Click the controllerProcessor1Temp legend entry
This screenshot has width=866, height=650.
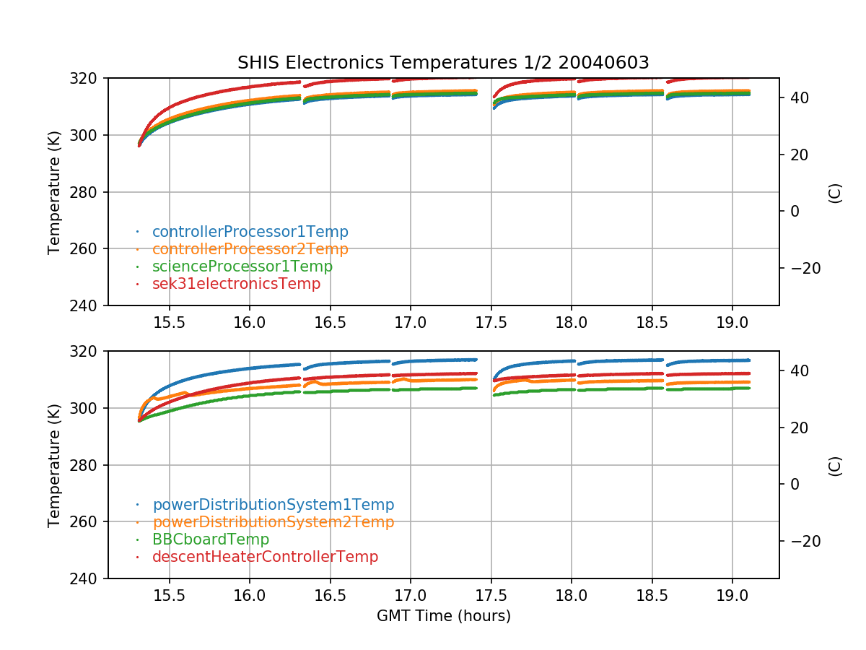pyautogui.click(x=250, y=232)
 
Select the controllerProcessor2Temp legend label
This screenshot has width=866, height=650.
pyautogui.click(x=250, y=249)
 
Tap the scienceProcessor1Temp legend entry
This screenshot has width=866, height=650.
pyautogui.click(x=242, y=266)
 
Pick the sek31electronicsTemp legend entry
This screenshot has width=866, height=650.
pyautogui.click(x=236, y=284)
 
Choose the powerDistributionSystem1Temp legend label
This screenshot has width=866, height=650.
pyautogui.click(x=273, y=505)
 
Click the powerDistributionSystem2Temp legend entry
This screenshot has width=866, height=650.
pyautogui.click(x=273, y=522)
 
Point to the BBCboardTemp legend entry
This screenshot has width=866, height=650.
pyautogui.click(x=210, y=539)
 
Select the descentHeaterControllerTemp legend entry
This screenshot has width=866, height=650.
pyautogui.click(x=265, y=557)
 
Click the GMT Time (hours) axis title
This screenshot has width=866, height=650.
pyautogui.click(x=443, y=616)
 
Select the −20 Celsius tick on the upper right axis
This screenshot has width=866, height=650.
pyautogui.click(x=800, y=268)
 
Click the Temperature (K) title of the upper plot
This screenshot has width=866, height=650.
pyautogui.click(x=54, y=192)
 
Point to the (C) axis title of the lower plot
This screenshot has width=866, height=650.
pyautogui.click(x=835, y=465)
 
